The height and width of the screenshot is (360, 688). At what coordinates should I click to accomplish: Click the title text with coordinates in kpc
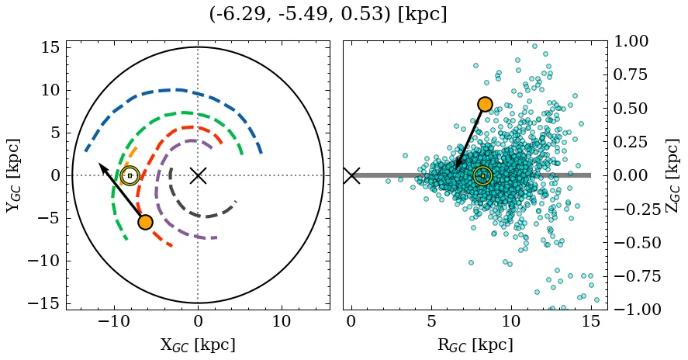pyautogui.click(x=328, y=15)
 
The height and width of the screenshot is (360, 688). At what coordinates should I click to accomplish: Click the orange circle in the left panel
pyautogui.click(x=145, y=222)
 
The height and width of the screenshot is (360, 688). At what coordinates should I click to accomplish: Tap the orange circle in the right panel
pyautogui.click(x=485, y=104)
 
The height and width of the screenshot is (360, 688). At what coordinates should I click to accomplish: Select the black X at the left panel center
pyautogui.click(x=198, y=175)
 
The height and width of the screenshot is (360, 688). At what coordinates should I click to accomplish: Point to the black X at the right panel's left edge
pyautogui.click(x=351, y=175)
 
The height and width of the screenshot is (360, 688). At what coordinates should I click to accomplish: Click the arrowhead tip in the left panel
pyautogui.click(x=99, y=163)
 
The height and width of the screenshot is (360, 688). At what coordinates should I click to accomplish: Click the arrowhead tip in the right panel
pyautogui.click(x=456, y=168)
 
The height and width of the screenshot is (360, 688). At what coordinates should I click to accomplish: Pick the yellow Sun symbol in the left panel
pyautogui.click(x=130, y=175)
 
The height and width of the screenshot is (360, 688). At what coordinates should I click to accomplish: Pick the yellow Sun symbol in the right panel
pyautogui.click(x=482, y=175)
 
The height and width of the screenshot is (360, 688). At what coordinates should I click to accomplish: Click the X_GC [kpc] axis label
pyautogui.click(x=198, y=345)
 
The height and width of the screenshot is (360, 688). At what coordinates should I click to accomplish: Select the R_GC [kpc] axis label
pyautogui.click(x=475, y=345)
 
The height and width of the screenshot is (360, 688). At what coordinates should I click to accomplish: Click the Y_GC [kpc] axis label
pyautogui.click(x=13, y=175)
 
